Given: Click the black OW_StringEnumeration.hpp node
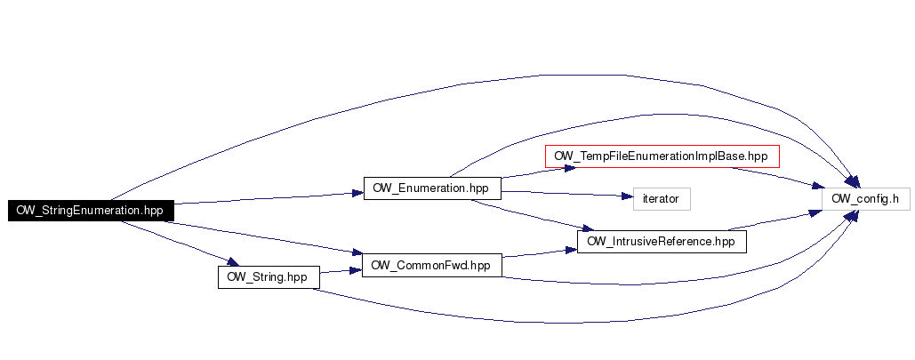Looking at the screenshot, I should click(x=90, y=211).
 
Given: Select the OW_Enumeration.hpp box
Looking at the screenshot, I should click(x=432, y=188).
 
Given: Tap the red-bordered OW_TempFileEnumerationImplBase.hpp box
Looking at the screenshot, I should click(x=661, y=156).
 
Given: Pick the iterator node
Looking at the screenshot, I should click(x=661, y=198).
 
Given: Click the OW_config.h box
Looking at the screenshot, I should click(x=865, y=198).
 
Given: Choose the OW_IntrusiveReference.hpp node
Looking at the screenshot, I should click(x=661, y=241).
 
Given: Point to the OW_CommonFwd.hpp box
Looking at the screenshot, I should click(x=432, y=265).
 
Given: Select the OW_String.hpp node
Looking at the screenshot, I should click(x=267, y=276).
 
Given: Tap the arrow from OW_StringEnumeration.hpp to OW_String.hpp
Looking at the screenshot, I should click(x=178, y=241).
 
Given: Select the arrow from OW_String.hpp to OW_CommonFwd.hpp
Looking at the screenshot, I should click(x=340, y=271).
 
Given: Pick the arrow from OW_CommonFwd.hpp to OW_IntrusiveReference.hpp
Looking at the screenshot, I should click(x=534, y=254).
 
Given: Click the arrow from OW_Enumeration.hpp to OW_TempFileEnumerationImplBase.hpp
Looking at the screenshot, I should click(x=525, y=172).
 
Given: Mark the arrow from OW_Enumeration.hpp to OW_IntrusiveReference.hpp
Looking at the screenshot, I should click(x=534, y=219).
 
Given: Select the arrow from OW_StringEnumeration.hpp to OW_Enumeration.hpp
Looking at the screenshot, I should click(x=267, y=197).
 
